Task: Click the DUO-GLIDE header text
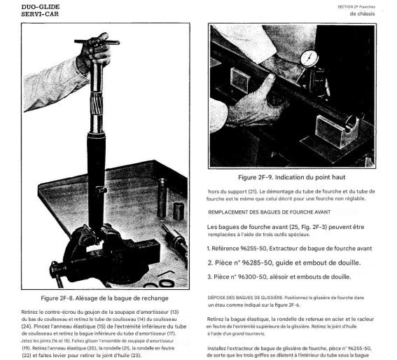(41, 7)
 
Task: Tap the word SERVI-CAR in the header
(40, 14)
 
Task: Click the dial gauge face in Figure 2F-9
(309, 58)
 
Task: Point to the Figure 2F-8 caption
(104, 298)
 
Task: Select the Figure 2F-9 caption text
(292, 177)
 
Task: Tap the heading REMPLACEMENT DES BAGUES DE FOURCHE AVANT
(270, 212)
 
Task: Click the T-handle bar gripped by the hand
(97, 42)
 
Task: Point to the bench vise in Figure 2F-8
(106, 254)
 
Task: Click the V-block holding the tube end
(337, 130)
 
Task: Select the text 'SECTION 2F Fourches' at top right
(356, 7)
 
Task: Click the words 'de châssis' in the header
(362, 14)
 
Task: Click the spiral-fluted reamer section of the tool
(97, 104)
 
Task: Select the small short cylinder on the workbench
(179, 211)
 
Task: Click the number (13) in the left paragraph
(174, 312)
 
